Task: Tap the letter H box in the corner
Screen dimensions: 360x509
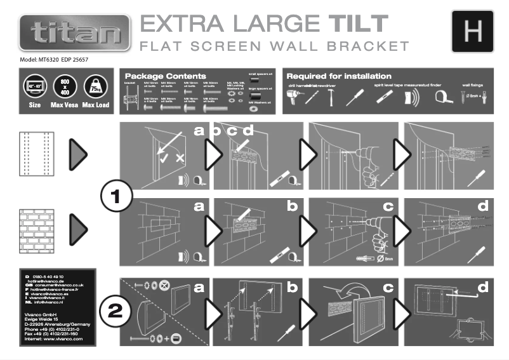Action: [x=472, y=30]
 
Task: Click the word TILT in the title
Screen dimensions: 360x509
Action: [x=357, y=24]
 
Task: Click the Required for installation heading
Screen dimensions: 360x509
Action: [x=339, y=76]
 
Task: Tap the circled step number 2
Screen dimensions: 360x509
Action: [x=116, y=311]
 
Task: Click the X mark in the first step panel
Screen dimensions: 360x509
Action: [x=180, y=157]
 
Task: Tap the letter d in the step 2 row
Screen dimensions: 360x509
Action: [x=484, y=288]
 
